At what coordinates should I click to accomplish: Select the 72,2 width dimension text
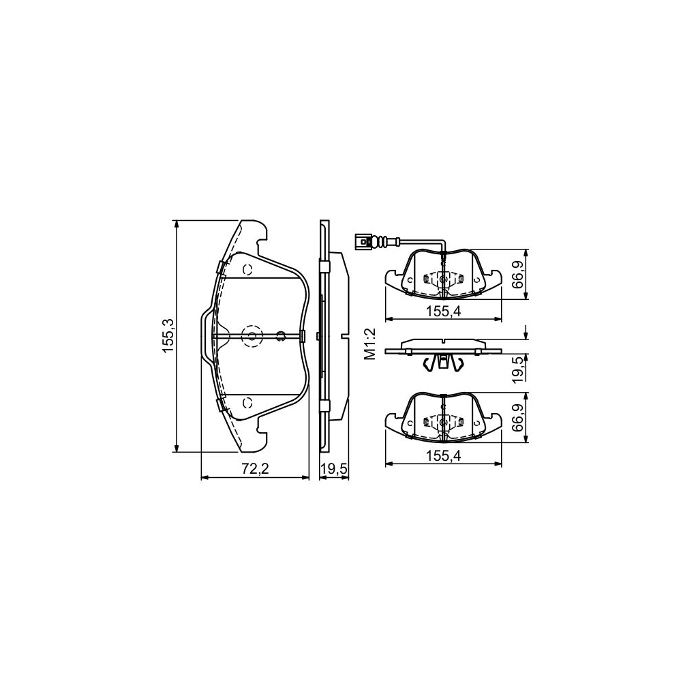point(256,469)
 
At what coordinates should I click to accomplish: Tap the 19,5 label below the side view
point(334,469)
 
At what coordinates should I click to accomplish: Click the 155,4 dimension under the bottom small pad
point(444,457)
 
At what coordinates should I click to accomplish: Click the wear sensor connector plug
point(365,240)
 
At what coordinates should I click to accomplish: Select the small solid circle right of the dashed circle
point(279,335)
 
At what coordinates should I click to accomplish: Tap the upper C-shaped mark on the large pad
point(248,269)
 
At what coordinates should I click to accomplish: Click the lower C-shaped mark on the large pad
point(248,402)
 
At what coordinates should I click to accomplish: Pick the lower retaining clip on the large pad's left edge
point(220,406)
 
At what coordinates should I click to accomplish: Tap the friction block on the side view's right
point(340,335)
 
